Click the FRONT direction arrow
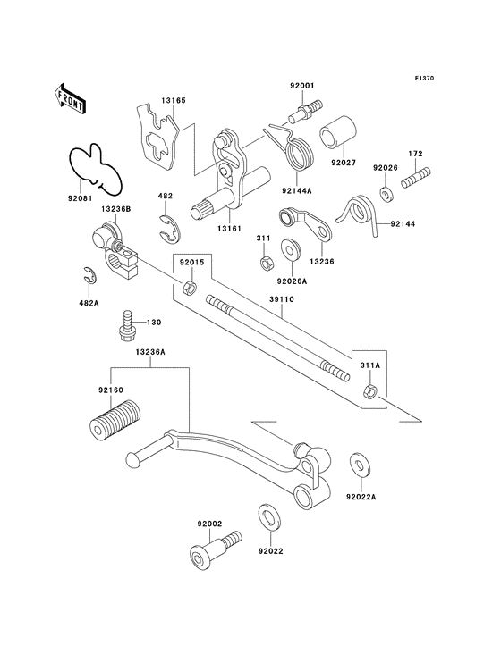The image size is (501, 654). [69, 98]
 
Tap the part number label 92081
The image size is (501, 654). [81, 199]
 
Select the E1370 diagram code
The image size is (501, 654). [424, 78]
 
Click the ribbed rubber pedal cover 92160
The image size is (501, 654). [115, 420]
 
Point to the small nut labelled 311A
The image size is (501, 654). [369, 390]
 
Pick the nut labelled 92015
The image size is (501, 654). [190, 288]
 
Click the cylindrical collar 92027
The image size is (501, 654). [338, 132]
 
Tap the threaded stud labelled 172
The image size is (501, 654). [416, 178]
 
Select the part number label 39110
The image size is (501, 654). [282, 299]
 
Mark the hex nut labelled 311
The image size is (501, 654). [266, 264]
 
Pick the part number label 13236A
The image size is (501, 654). [150, 352]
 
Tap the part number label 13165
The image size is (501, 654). [174, 101]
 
